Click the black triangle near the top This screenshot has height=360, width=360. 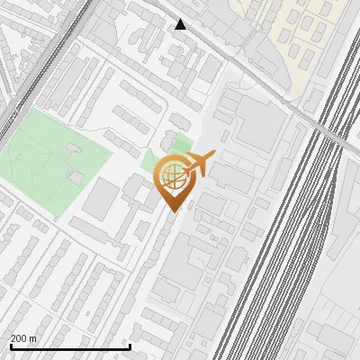pos(181,24)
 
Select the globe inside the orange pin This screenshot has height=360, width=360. pos(171,175)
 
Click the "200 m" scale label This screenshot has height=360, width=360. pos(23,338)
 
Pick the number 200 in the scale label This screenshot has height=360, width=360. pos(18,338)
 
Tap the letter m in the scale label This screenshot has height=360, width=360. pos(33,338)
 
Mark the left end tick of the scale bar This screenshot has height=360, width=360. pos(9,346)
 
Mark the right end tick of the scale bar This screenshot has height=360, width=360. pos(130,346)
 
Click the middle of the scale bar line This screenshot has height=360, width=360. pos(69,347)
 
